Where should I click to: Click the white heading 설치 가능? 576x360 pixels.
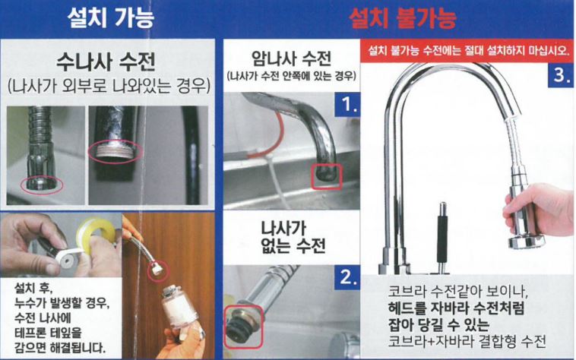pos(111,17)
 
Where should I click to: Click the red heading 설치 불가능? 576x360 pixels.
pos(402,18)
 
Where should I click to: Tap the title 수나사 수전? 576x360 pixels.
pos(106,62)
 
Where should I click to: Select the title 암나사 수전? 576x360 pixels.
pos(291,58)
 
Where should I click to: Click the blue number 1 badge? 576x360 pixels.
pos(347,105)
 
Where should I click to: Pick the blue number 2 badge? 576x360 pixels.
pos(347,277)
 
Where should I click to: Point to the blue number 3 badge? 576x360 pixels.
pos(561,74)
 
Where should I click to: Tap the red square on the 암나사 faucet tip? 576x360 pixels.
pos(327,176)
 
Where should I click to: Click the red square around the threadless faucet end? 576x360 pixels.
pos(244,327)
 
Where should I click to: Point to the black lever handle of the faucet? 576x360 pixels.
pos(442,238)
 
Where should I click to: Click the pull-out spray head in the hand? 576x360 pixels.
pos(524,216)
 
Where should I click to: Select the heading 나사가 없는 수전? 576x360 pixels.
pos(293,237)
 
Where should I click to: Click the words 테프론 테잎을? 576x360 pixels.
pos(48,333)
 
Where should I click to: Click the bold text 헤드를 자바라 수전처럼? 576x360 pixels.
pos(456,308)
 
